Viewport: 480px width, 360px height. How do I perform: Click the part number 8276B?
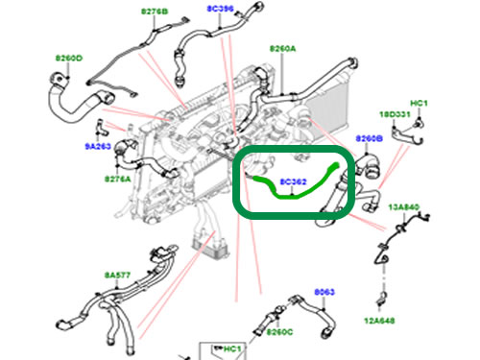[x=154, y=12]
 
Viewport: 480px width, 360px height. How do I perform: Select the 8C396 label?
[x=220, y=8]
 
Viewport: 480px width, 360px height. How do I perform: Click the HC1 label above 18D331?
[x=419, y=103]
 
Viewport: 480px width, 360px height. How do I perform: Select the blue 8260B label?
[x=369, y=139]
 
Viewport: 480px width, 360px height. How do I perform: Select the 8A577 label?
[x=116, y=274]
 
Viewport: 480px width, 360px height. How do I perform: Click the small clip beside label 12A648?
[x=382, y=292]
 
